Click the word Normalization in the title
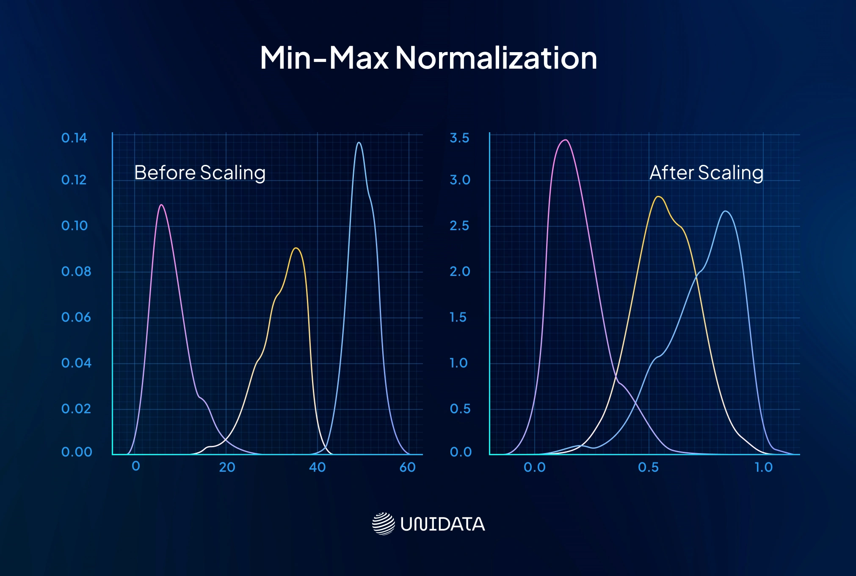tap(496, 58)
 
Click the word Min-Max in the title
tap(324, 58)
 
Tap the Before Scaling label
tap(200, 173)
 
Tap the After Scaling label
tap(706, 173)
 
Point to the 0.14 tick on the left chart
tap(74, 138)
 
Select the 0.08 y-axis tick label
tap(76, 271)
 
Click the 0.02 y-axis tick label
tap(76, 409)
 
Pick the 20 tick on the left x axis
tap(227, 467)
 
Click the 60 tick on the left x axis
tap(407, 467)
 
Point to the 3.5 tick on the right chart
tap(459, 138)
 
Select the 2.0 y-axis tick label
tap(460, 271)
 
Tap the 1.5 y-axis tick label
tap(458, 317)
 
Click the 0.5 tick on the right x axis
tap(648, 467)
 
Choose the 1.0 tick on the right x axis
tap(764, 467)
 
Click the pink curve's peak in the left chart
tap(161, 205)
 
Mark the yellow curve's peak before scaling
tap(296, 248)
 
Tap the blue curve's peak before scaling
tap(359, 142)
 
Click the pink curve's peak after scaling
tap(566, 140)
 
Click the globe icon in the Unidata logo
tap(383, 524)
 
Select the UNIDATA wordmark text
tap(442, 524)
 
